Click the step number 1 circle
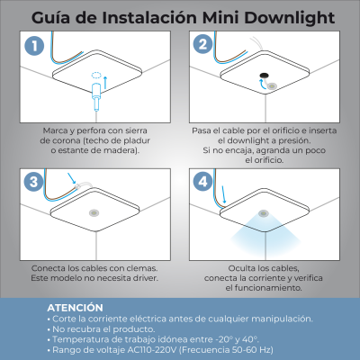(x=34, y=46)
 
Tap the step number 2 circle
(x=203, y=44)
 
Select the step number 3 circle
(x=33, y=182)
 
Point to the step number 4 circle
(x=203, y=181)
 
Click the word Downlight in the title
(x=289, y=18)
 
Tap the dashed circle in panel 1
(x=96, y=75)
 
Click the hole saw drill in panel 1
(x=96, y=96)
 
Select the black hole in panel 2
(x=264, y=76)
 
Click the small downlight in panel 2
(x=272, y=86)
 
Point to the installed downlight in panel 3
(x=94, y=213)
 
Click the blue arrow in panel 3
(x=72, y=178)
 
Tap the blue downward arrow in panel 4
(x=223, y=194)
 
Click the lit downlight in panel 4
(x=264, y=213)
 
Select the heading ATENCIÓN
(x=75, y=308)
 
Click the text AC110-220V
(x=153, y=350)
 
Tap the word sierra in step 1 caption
(x=135, y=130)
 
